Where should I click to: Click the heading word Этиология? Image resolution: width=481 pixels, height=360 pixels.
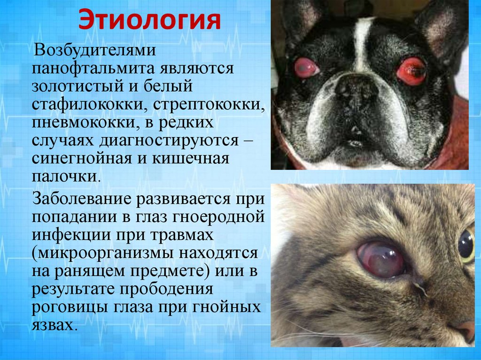coord(149,20)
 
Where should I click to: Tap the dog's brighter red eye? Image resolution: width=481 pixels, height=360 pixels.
coord(411,71)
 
